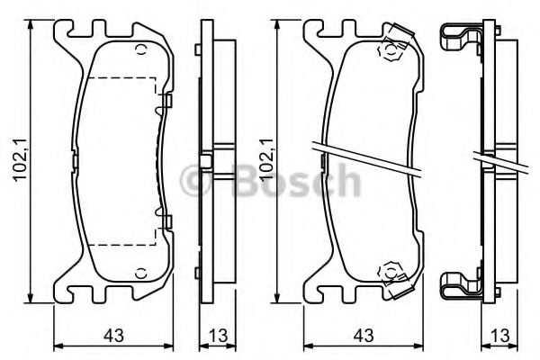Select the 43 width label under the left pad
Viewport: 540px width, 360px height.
coord(114,335)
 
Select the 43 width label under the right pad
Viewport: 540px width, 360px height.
coord(364,335)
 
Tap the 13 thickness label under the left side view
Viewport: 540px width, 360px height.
coord(218,335)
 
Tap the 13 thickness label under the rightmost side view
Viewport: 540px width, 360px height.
coord(499,335)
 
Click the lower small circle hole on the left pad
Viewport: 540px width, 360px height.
coord(141,274)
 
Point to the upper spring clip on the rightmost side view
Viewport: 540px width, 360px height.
coord(461,39)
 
